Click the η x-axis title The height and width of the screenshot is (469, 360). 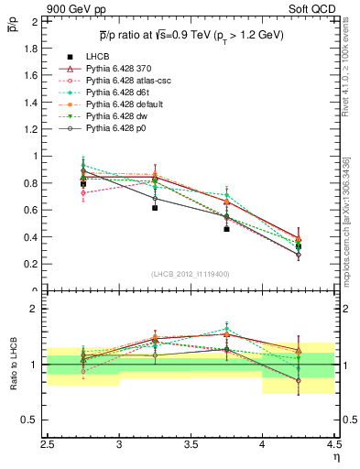point(335,455)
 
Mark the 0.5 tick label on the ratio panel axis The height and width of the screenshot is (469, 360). point(31,420)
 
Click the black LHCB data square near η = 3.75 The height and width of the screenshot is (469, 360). point(226,229)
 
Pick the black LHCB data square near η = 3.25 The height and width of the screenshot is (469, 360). point(155,208)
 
